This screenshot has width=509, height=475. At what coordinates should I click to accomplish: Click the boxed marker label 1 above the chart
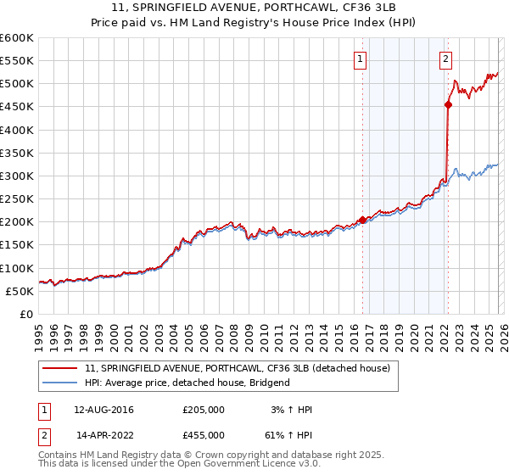[361, 59]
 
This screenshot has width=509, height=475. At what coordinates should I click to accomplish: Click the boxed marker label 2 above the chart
[445, 59]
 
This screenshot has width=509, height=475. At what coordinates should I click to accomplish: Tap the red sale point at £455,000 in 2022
[448, 104]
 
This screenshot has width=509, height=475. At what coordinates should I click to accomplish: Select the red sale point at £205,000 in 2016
[363, 220]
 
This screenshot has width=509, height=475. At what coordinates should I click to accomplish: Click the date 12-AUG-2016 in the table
[103, 410]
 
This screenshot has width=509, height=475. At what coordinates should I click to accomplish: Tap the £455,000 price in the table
[204, 433]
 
